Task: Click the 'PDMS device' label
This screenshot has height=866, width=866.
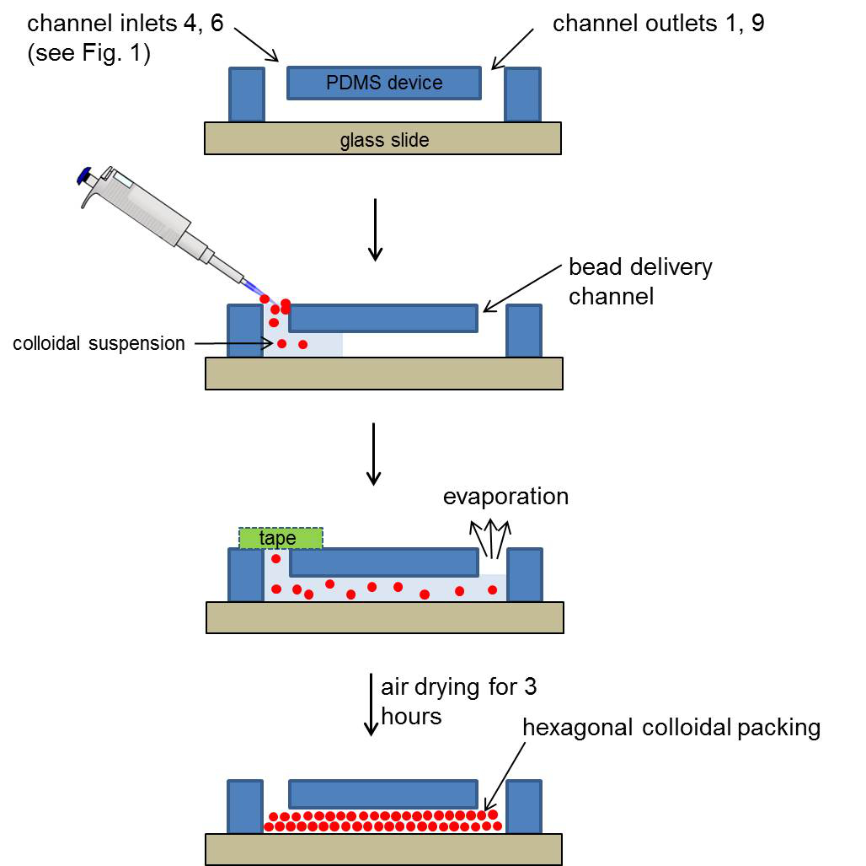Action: pyautogui.click(x=384, y=83)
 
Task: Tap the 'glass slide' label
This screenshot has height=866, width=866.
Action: pyautogui.click(x=384, y=140)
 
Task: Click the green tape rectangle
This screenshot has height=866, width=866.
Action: pyautogui.click(x=281, y=538)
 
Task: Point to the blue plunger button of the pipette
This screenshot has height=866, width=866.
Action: pyautogui.click(x=84, y=175)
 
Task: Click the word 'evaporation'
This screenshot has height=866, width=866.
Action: pyautogui.click(x=505, y=496)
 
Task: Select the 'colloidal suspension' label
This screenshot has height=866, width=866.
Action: pyautogui.click(x=99, y=343)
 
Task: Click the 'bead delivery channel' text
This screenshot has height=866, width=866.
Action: pyautogui.click(x=641, y=282)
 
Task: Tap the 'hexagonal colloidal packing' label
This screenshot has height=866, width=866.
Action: pyautogui.click(x=671, y=727)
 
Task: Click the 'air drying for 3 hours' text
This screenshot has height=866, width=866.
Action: pyautogui.click(x=458, y=702)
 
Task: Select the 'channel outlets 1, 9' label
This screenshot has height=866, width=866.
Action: pyautogui.click(x=658, y=24)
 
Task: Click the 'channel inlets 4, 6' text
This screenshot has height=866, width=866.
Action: pyautogui.click(x=126, y=24)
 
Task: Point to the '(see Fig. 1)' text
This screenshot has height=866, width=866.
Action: pyautogui.click(x=88, y=53)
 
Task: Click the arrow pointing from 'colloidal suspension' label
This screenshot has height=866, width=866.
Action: pyautogui.click(x=234, y=343)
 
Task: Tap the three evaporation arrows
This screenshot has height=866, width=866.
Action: pyautogui.click(x=490, y=538)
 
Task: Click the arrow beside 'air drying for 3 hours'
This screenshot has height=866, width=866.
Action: pyautogui.click(x=372, y=705)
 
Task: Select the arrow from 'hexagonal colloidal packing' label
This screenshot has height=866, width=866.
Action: pyautogui.click(x=505, y=777)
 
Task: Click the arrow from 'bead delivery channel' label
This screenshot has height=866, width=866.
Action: pyautogui.click(x=522, y=288)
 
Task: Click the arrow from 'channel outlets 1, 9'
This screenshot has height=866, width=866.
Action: pyautogui.click(x=512, y=49)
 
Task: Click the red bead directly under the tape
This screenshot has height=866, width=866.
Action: pyautogui.click(x=276, y=559)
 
